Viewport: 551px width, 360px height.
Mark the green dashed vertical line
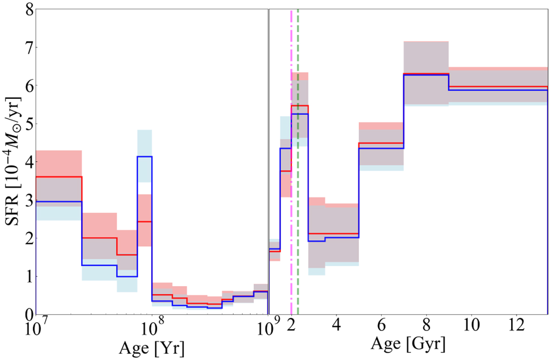(x=298, y=184)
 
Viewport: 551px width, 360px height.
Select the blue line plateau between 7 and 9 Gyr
(x=426, y=75)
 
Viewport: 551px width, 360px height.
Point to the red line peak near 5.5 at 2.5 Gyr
(x=300, y=106)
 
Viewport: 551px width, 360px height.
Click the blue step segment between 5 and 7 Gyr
(x=381, y=148)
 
